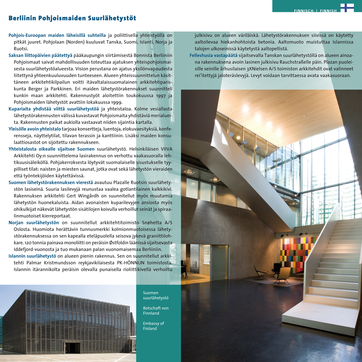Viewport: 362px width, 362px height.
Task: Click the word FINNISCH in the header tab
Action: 304,11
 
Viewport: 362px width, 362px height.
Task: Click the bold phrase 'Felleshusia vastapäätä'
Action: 214,55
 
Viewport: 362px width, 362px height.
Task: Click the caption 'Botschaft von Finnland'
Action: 156,311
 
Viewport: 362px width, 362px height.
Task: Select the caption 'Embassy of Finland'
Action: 153,326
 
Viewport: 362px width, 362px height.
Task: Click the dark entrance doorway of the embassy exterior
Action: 73,348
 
